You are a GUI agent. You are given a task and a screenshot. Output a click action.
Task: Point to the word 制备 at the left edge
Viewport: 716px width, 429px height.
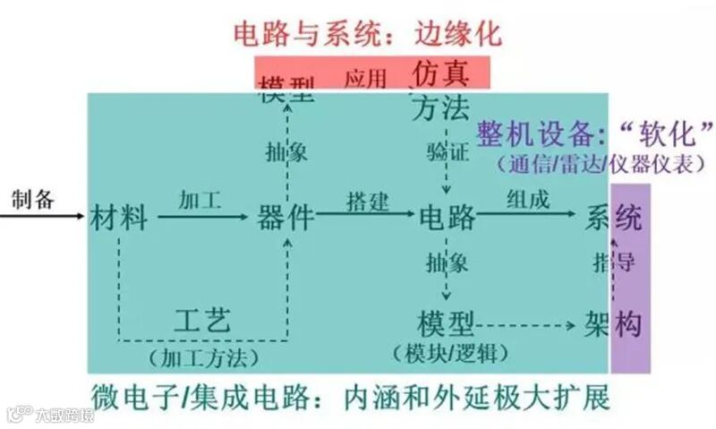[33, 199]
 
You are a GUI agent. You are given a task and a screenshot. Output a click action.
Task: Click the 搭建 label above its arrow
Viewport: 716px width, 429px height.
[367, 201]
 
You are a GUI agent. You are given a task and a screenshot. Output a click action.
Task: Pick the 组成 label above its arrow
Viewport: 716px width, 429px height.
[528, 200]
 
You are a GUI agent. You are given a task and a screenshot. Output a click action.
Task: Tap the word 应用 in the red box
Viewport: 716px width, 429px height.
[365, 78]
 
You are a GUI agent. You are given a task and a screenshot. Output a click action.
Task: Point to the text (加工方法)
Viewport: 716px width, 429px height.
[203, 358]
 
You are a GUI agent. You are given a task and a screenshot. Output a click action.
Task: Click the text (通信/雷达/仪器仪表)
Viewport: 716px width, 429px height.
[594, 165]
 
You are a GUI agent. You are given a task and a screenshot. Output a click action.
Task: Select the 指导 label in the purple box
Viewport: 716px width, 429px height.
[614, 262]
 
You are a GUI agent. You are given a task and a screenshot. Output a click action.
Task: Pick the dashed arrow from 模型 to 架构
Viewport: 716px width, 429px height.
[528, 324]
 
